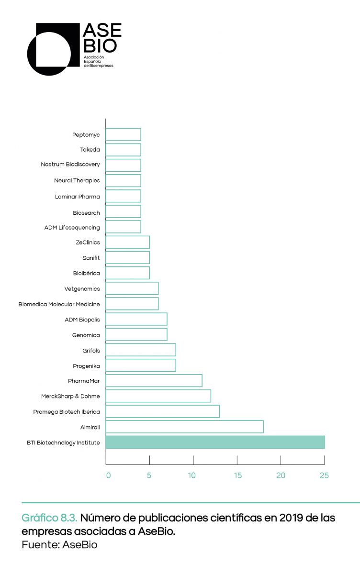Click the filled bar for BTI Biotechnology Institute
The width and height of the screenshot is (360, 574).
pos(215,442)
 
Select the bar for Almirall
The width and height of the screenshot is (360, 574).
pos(184,427)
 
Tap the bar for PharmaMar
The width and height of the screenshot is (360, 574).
pos(154,381)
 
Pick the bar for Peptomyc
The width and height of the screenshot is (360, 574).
pos(123,135)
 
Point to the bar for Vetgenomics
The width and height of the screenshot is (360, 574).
pos(132,288)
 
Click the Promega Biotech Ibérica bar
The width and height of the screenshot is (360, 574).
pos(162,411)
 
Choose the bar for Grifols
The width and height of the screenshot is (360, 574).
pos(141,350)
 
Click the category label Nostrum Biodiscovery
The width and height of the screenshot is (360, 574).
pos(70,165)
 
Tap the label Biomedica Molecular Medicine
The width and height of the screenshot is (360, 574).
pos(59,304)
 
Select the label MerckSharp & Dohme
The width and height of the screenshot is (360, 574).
pos(71,396)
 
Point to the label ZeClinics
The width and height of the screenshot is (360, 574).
pos(88,243)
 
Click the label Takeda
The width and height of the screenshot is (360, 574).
pos(90,150)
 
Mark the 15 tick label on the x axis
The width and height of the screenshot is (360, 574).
pos(237,475)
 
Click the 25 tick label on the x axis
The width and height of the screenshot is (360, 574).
pos(324,475)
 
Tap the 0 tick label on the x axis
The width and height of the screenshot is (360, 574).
pos(108,475)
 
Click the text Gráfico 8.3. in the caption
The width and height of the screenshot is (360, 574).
pos(49,518)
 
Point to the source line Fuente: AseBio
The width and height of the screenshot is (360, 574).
pos(59,545)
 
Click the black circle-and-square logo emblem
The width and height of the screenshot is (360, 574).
pos(53,49)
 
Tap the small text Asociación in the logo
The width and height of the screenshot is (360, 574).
pos(94,57)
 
